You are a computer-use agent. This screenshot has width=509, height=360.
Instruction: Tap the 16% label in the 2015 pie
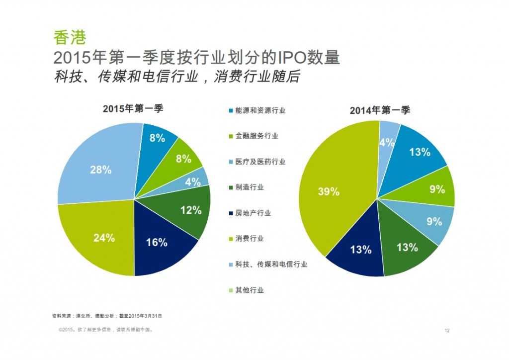click(157, 242)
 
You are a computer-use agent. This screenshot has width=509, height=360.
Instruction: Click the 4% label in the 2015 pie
click(192, 182)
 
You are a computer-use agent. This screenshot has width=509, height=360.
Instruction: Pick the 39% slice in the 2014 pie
click(328, 191)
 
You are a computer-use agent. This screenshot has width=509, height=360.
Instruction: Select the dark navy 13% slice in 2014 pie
click(361, 250)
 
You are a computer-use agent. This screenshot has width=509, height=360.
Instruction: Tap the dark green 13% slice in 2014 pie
click(407, 247)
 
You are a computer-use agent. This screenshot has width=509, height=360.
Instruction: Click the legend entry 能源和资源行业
click(256, 110)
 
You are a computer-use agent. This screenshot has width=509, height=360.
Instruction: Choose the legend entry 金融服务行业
click(253, 136)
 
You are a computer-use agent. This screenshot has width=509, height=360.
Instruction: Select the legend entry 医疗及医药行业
click(256, 162)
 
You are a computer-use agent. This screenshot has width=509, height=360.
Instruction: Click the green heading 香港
click(70, 37)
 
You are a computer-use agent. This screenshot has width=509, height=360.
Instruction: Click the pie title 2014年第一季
click(380, 110)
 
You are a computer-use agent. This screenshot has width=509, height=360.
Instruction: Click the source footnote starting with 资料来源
click(107, 316)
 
